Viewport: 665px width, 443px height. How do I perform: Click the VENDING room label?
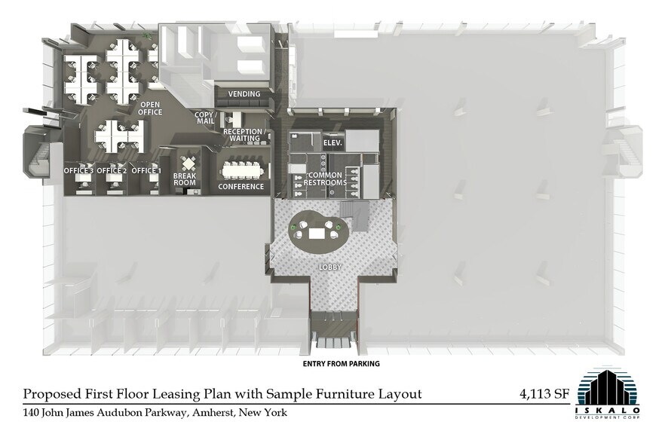tap(244, 93)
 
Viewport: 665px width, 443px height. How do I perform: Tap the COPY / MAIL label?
tap(206, 118)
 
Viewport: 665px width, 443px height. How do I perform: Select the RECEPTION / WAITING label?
tap(245, 135)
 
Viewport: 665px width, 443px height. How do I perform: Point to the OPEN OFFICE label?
tap(150, 108)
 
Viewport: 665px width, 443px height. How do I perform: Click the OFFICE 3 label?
tap(78, 170)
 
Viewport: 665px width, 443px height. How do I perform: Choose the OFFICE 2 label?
tap(112, 170)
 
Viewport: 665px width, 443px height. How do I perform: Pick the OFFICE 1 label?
tap(146, 170)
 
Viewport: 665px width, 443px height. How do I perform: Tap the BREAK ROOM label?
tap(185, 179)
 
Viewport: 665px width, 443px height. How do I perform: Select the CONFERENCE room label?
tap(241, 187)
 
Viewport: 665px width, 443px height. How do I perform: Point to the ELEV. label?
tap(332, 143)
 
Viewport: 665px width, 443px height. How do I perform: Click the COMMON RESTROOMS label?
tap(325, 179)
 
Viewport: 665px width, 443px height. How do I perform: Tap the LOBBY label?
tap(330, 267)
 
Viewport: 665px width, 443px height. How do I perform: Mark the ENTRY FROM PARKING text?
tap(341, 364)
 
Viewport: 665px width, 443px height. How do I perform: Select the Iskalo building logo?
tap(608, 393)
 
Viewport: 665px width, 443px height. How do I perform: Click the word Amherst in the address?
tap(212, 412)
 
